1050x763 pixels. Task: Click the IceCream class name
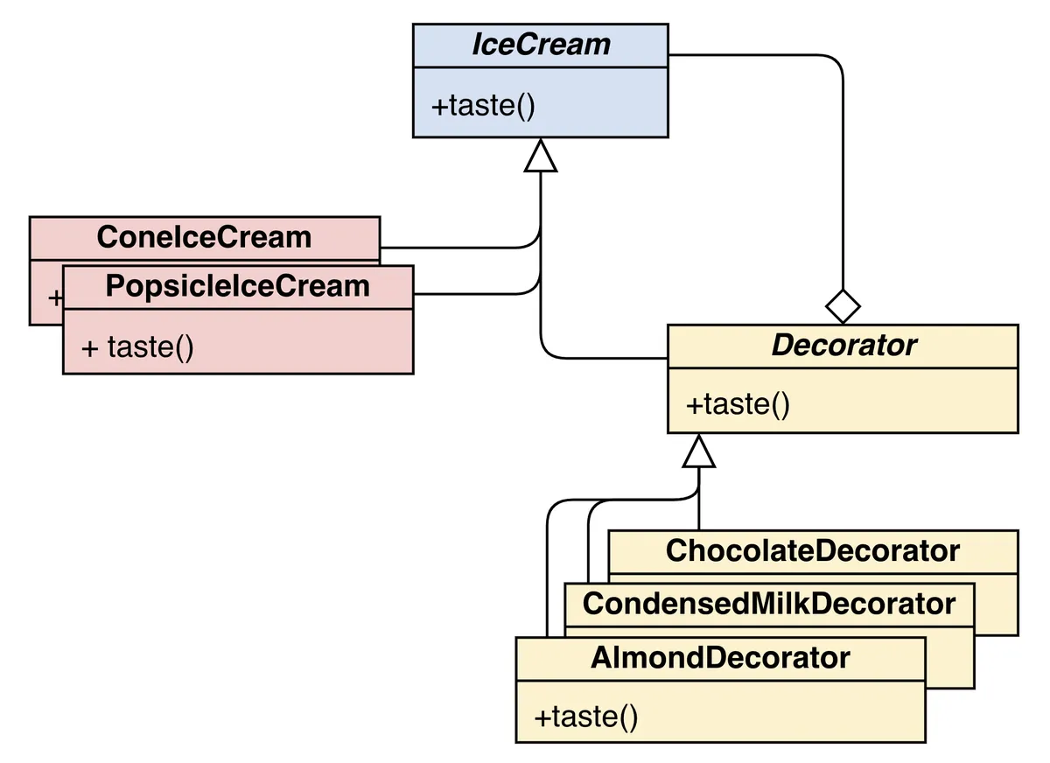pyautogui.click(x=541, y=45)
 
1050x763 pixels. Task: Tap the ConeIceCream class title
pyautogui.click(x=204, y=237)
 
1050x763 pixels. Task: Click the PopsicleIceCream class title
pyautogui.click(x=237, y=286)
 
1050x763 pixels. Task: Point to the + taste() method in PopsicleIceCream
pyautogui.click(x=137, y=346)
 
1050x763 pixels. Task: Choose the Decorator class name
pyautogui.click(x=843, y=345)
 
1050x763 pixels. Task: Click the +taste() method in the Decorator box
pyautogui.click(x=738, y=404)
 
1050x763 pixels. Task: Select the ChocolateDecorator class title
pyautogui.click(x=812, y=550)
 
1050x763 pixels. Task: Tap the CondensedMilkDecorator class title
pyautogui.click(x=768, y=603)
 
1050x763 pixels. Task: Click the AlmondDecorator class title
pyautogui.click(x=720, y=657)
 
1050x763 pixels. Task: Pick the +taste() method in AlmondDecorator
pyautogui.click(x=585, y=717)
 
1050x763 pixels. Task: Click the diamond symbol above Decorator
pyautogui.click(x=843, y=306)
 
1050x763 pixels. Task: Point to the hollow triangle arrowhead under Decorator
pyautogui.click(x=699, y=451)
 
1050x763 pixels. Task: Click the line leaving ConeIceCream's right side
pyautogui.click(x=455, y=247)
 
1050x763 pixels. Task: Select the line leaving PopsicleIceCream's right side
pyautogui.click(x=472, y=295)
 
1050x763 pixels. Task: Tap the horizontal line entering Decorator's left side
pyautogui.click(x=612, y=358)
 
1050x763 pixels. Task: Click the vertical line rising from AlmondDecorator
pyautogui.click(x=547, y=577)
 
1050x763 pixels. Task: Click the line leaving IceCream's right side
pyautogui.click(x=752, y=55)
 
